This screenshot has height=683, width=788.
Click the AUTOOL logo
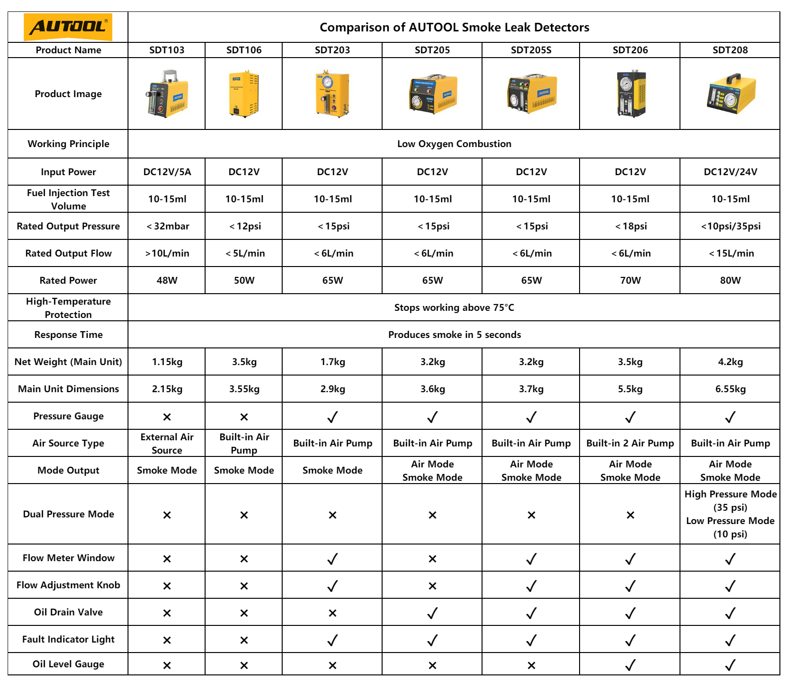[x=68, y=27]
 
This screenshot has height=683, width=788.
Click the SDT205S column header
[x=531, y=50]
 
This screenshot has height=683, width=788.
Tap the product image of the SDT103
[x=167, y=94]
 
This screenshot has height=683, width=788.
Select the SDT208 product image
[x=730, y=94]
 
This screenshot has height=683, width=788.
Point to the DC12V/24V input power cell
[x=730, y=172]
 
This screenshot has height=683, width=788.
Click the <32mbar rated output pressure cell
[x=167, y=226]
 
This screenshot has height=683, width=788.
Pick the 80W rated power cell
[x=730, y=280]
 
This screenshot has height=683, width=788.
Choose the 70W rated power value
[x=630, y=280]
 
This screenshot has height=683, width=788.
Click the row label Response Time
[x=68, y=335]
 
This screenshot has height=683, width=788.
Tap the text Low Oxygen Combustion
[x=454, y=144]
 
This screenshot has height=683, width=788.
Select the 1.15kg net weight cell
[x=167, y=362]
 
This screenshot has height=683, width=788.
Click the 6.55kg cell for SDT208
[x=730, y=389]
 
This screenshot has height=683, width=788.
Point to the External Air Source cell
[x=167, y=443]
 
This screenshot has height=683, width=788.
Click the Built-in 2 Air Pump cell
[x=630, y=443]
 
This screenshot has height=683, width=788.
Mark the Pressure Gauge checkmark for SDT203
[x=332, y=417]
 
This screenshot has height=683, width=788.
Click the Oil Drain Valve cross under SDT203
[x=332, y=613]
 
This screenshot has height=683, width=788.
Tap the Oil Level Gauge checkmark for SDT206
[x=630, y=665]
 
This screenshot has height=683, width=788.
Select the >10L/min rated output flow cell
[x=167, y=253]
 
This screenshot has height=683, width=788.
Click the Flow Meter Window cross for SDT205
[x=432, y=559]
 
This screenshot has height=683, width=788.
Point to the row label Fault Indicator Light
[x=68, y=639]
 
